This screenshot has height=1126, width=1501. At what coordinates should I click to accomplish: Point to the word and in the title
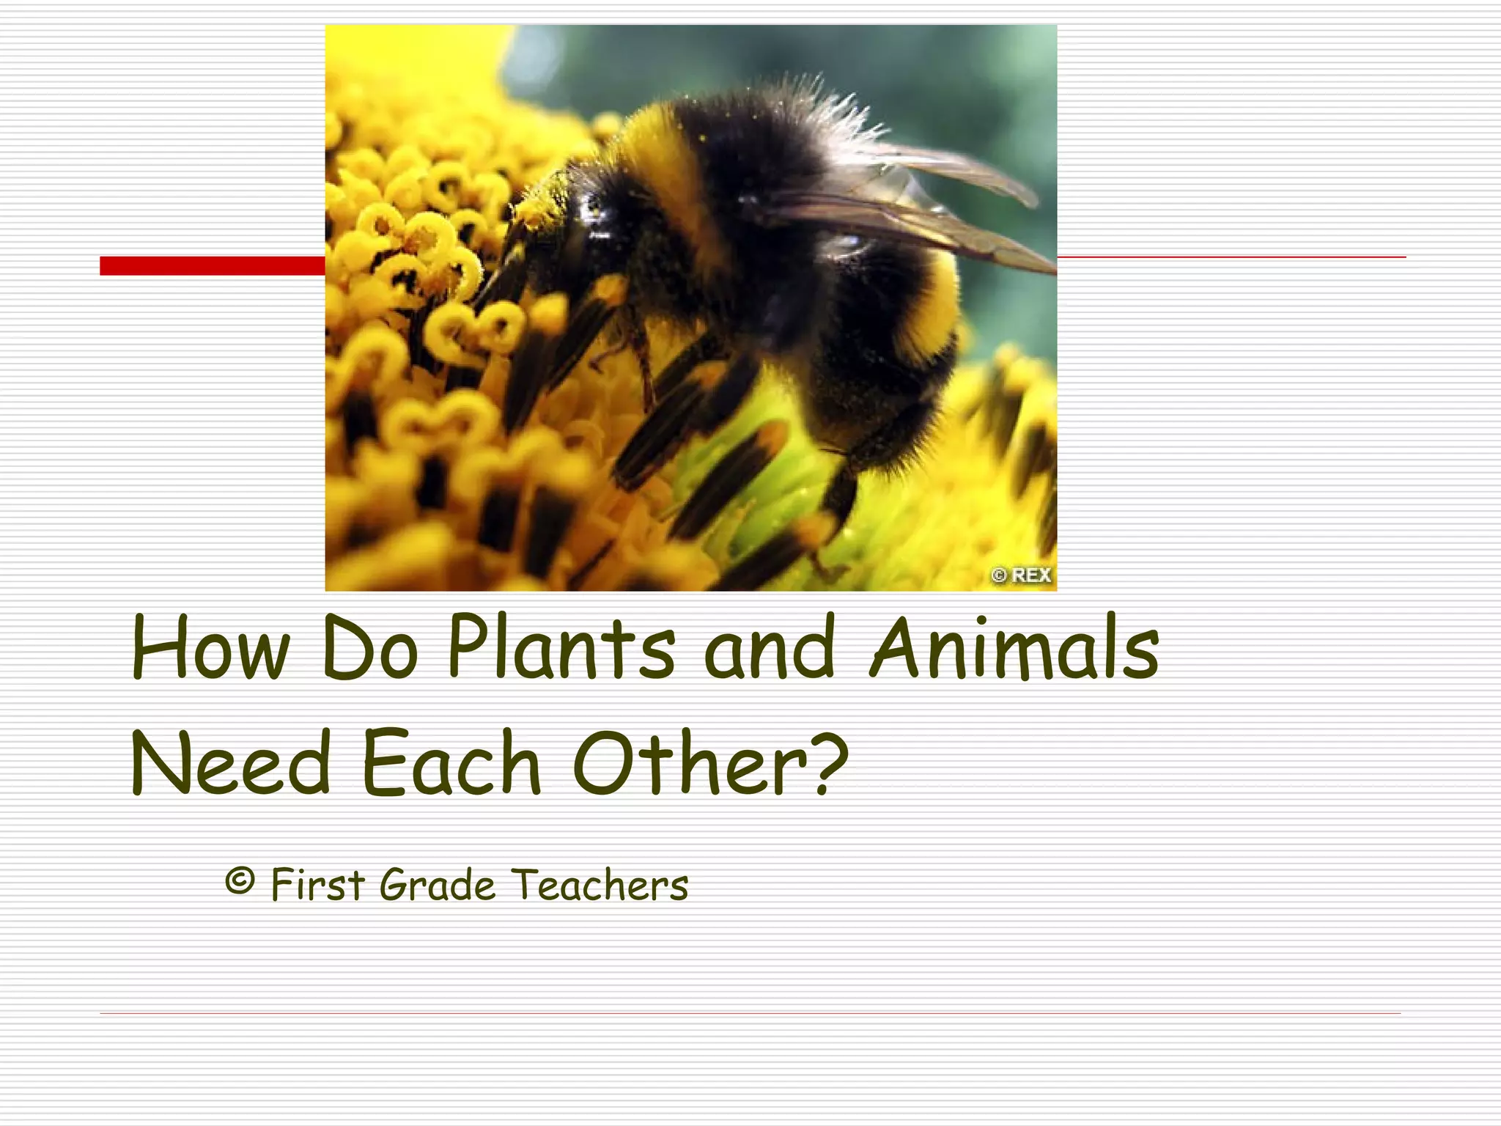click(x=770, y=648)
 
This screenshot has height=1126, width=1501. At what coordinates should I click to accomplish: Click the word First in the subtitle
click(x=317, y=885)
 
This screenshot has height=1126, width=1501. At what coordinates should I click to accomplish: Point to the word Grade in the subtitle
click(x=438, y=885)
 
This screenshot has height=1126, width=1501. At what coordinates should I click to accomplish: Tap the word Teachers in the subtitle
click(x=600, y=885)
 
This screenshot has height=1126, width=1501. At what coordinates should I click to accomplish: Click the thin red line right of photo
click(x=1231, y=257)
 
